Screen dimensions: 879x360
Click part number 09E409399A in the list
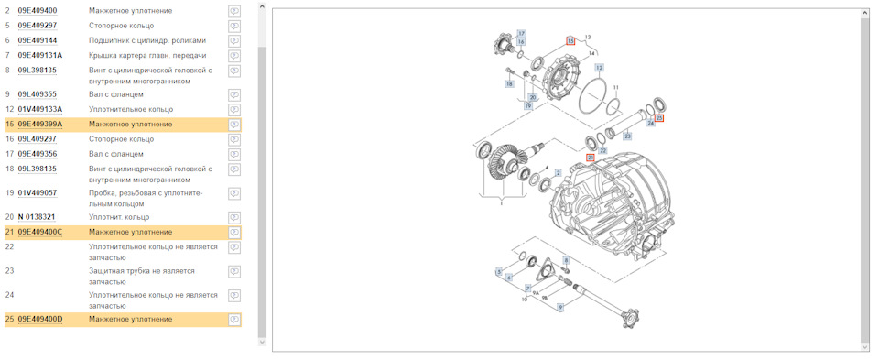pyautogui.click(x=39, y=124)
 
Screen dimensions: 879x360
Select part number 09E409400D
pyautogui.click(x=39, y=319)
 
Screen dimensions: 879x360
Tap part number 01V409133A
pyautogui.click(x=39, y=109)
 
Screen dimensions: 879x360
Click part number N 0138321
pyautogui.click(x=37, y=217)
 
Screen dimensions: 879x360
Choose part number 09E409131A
pyautogui.click(x=39, y=55)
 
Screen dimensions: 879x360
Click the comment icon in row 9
pyautogui.click(x=235, y=94)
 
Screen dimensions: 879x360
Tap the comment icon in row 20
pyautogui.click(x=235, y=217)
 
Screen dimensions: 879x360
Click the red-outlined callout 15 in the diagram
pyautogui.click(x=570, y=41)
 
